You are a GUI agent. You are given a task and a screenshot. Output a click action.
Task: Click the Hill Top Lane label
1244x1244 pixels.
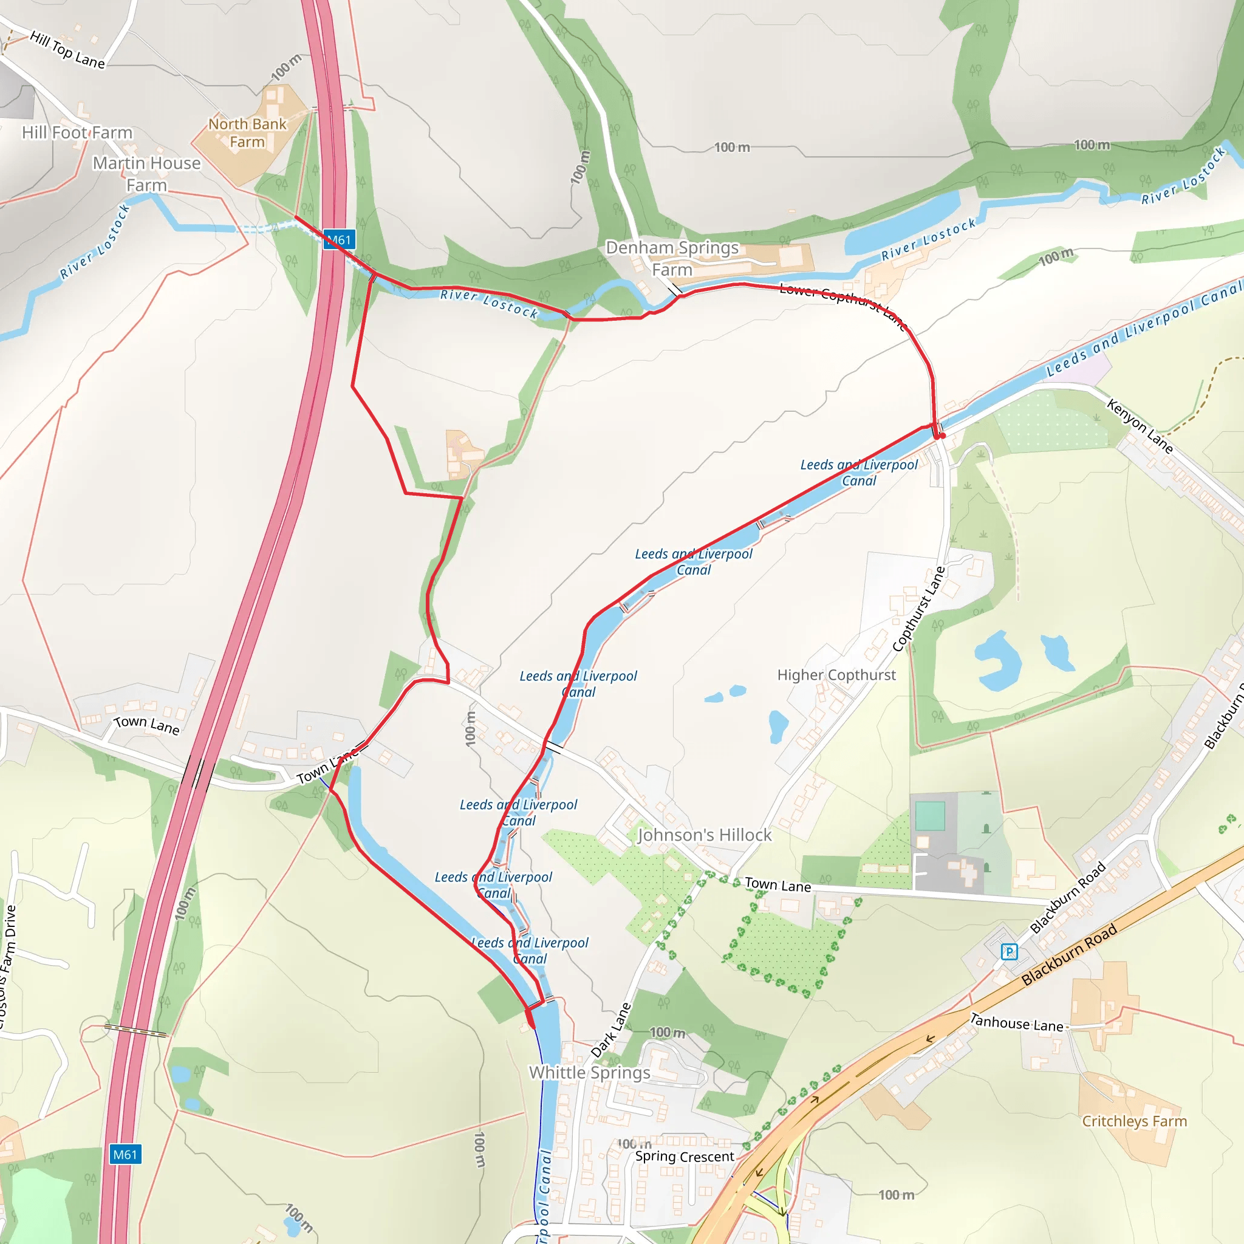[67, 50]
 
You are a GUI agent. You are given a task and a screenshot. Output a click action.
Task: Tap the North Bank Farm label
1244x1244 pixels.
[247, 132]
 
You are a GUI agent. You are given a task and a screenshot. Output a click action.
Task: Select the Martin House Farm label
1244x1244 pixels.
[147, 174]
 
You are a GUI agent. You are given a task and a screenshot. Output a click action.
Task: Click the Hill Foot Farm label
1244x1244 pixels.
[77, 132]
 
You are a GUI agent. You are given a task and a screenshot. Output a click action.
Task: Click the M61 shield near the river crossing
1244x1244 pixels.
[340, 240]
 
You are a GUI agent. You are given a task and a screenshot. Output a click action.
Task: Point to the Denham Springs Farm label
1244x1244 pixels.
[672, 258]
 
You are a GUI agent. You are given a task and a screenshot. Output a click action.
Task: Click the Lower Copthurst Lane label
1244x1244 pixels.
[842, 305]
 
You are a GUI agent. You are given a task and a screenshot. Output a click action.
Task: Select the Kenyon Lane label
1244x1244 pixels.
[1140, 426]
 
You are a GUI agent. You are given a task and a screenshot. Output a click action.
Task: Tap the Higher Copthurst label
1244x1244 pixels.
[836, 675]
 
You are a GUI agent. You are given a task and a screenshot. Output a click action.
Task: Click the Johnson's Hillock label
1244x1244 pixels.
[705, 835]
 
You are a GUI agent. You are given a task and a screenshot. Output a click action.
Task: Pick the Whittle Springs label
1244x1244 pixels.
[590, 1073]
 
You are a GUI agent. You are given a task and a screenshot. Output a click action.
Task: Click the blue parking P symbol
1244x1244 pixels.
[1009, 951]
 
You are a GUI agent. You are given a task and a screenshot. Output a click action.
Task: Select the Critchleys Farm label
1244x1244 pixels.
[1135, 1121]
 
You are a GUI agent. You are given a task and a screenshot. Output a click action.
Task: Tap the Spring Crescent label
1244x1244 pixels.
[685, 1157]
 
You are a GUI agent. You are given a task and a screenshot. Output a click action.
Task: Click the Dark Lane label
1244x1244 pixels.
[611, 1030]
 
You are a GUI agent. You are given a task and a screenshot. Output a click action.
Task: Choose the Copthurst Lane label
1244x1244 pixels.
[919, 609]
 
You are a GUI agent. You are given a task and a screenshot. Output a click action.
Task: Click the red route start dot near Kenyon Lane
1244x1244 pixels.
[943, 436]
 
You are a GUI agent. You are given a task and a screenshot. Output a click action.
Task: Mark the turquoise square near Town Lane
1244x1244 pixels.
[930, 816]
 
